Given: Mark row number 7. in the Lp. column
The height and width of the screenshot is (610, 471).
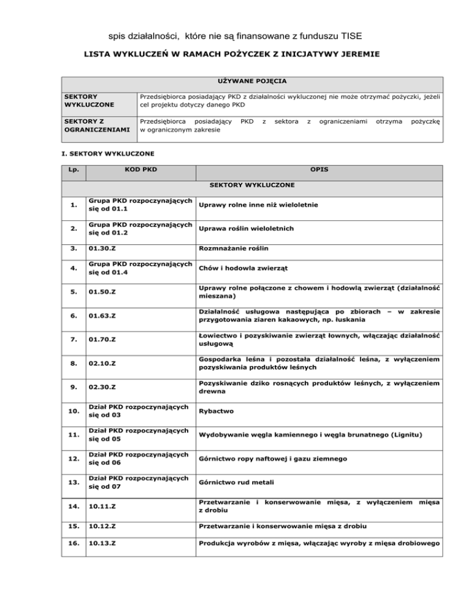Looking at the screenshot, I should [75, 341].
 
